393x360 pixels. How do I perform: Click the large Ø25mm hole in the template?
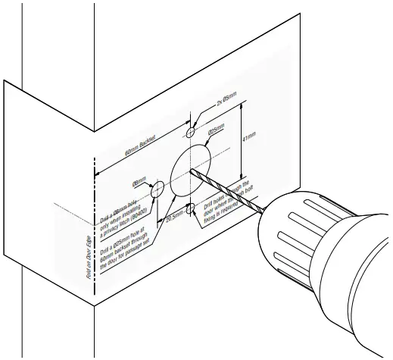pos(190,169)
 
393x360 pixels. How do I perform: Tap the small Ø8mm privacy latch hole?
pos(159,189)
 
